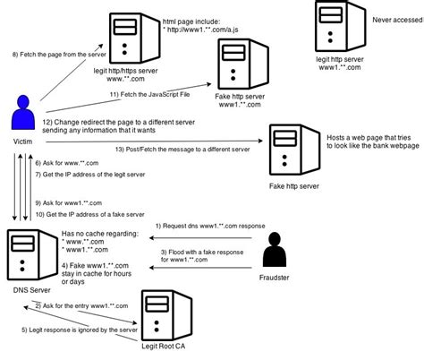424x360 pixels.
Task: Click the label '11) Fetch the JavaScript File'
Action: coord(143,93)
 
